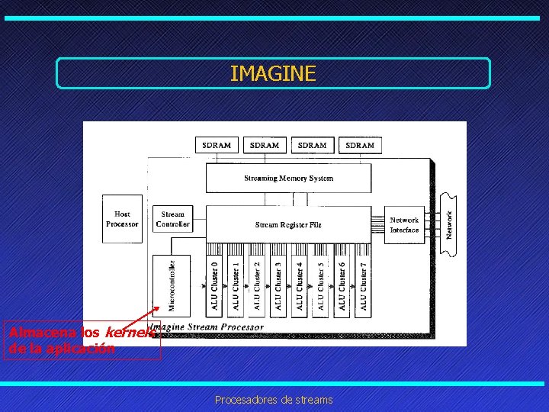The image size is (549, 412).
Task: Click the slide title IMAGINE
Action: [272, 73]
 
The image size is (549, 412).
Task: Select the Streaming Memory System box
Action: [288, 179]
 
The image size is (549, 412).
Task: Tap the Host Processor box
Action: [122, 219]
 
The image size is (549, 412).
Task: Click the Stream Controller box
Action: [172, 219]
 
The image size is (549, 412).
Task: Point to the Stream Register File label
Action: [288, 225]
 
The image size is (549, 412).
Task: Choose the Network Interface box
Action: [404, 225]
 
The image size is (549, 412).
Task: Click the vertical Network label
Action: [449, 224]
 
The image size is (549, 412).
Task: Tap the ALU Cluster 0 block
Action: [214, 285]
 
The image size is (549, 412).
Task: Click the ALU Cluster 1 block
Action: [236, 285]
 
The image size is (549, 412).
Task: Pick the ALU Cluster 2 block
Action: [257, 285]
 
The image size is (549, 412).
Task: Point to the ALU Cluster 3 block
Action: [278, 285]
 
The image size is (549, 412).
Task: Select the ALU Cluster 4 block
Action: [299, 285]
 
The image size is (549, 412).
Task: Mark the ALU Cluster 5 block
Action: [320, 285]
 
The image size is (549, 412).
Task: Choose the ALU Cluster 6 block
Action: [342, 285]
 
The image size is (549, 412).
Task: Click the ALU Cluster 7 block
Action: [363, 285]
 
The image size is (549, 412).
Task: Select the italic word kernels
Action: [130, 333]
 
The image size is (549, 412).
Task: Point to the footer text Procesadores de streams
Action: [274, 399]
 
